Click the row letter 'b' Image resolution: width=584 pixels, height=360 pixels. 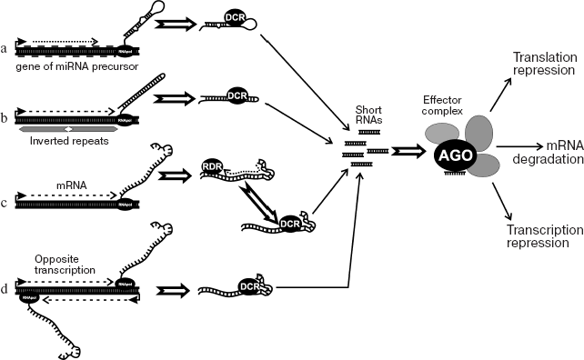click(x=7, y=118)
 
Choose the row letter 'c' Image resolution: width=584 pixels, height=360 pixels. click(x=7, y=203)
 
